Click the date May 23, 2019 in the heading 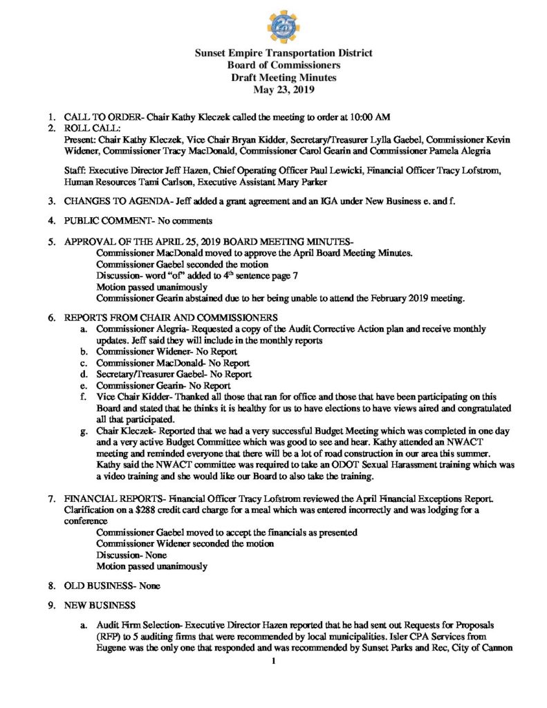click(x=273, y=89)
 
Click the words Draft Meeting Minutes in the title click(x=273, y=77)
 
